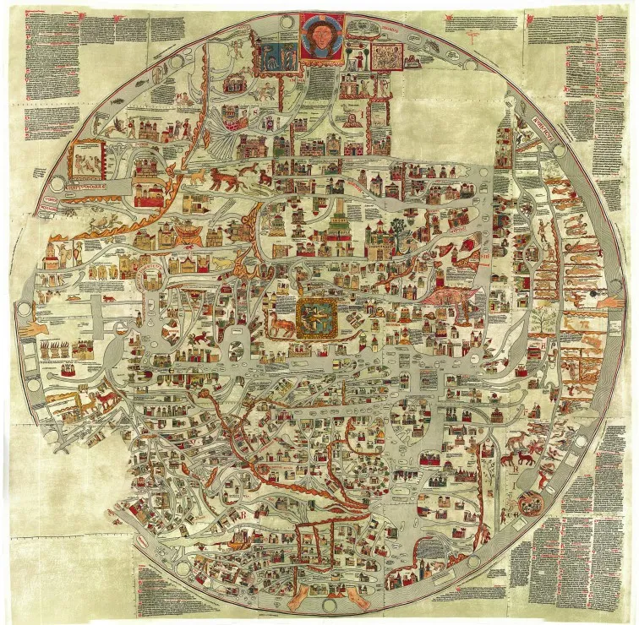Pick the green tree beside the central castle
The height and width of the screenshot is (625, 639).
398,228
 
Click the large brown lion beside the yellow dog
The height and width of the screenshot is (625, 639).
227,179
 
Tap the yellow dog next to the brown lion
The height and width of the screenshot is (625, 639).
196,178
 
